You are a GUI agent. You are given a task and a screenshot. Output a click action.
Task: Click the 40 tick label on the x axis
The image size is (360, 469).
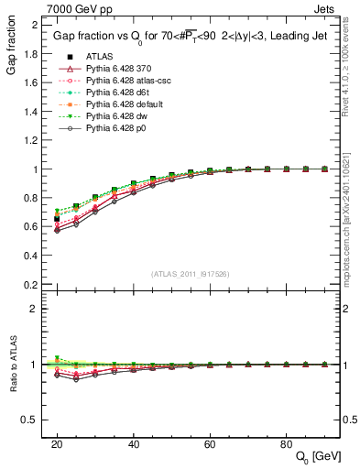(x=134, y=443)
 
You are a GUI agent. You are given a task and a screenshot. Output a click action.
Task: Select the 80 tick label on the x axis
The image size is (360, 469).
(x=286, y=443)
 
